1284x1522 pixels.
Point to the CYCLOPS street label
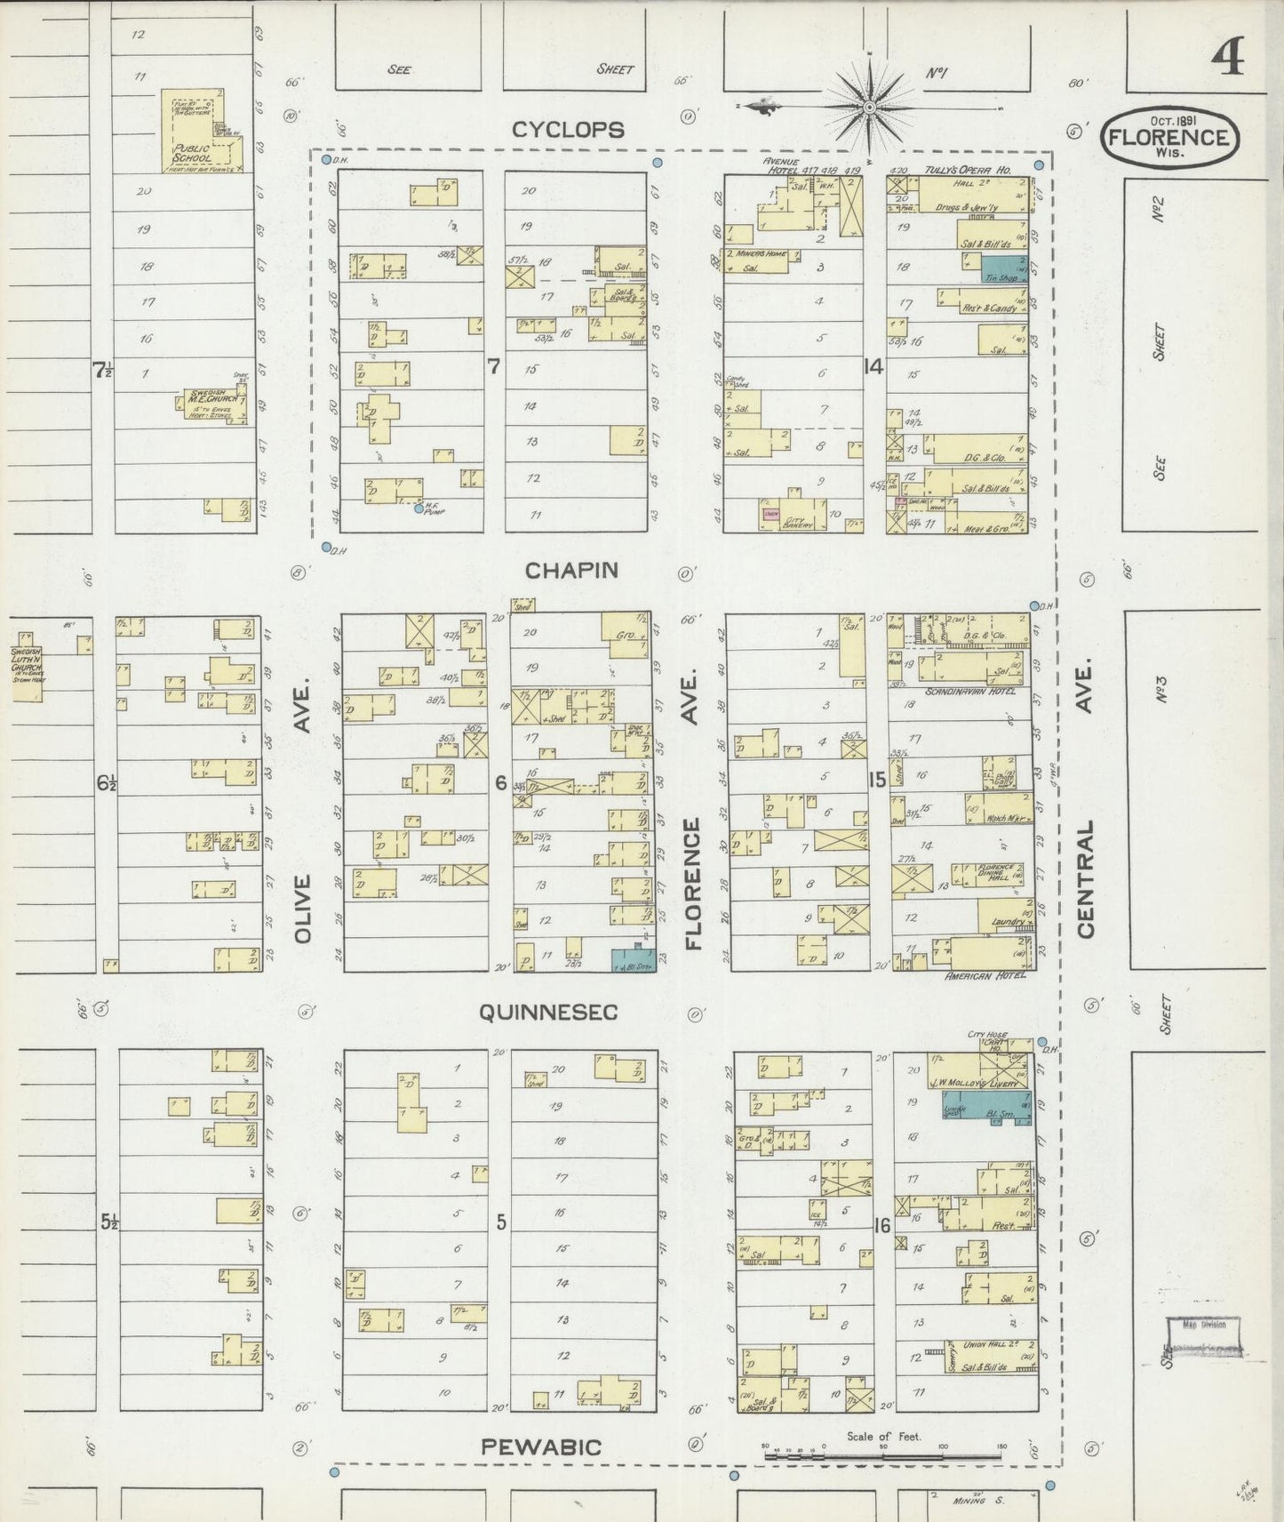[x=568, y=130]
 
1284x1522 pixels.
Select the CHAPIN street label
[x=571, y=570]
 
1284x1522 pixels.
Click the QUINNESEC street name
[x=548, y=1012]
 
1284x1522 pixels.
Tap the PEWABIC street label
[x=541, y=1446]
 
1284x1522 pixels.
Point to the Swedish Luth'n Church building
[x=27, y=668]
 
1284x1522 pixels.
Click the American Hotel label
[x=987, y=975]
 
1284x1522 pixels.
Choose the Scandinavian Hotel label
[x=963, y=691]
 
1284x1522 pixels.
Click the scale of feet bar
[x=884, y=1456]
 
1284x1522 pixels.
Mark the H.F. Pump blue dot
[x=419, y=509]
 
